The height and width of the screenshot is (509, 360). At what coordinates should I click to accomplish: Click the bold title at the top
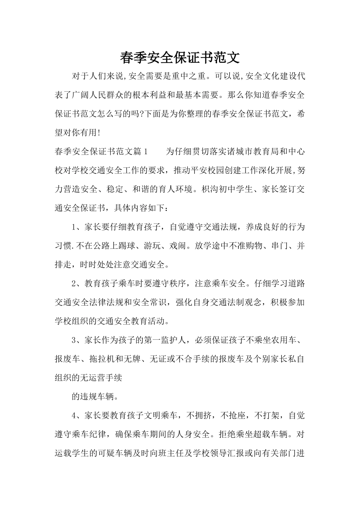[180, 58]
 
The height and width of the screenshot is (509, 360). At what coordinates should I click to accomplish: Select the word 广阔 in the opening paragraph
[81, 95]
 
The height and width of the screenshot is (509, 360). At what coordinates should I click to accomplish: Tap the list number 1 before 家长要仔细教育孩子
[74, 227]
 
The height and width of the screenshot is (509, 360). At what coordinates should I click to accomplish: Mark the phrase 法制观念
[247, 302]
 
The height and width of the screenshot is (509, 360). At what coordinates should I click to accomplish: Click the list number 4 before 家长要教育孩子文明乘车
[74, 415]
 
